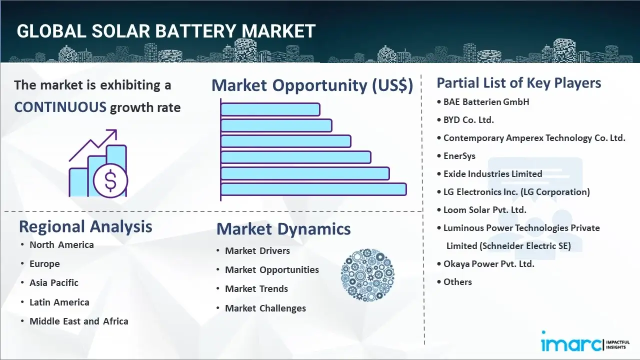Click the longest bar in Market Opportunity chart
[313, 189]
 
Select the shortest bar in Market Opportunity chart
[270, 109]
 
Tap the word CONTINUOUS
[60, 107]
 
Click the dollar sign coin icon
[110, 181]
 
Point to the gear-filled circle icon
[367, 275]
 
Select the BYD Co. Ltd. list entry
[468, 120]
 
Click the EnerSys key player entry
[459, 156]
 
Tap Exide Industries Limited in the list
[492, 174]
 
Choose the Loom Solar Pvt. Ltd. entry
[484, 210]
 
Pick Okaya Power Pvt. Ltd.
[488, 264]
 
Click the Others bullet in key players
[457, 282]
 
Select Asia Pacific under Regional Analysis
[54, 283]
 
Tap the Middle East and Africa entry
[78, 321]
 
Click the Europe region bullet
[44, 264]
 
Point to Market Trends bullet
[256, 289]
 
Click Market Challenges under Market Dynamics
[265, 308]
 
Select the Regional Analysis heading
[85, 226]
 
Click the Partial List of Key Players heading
[519, 83]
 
